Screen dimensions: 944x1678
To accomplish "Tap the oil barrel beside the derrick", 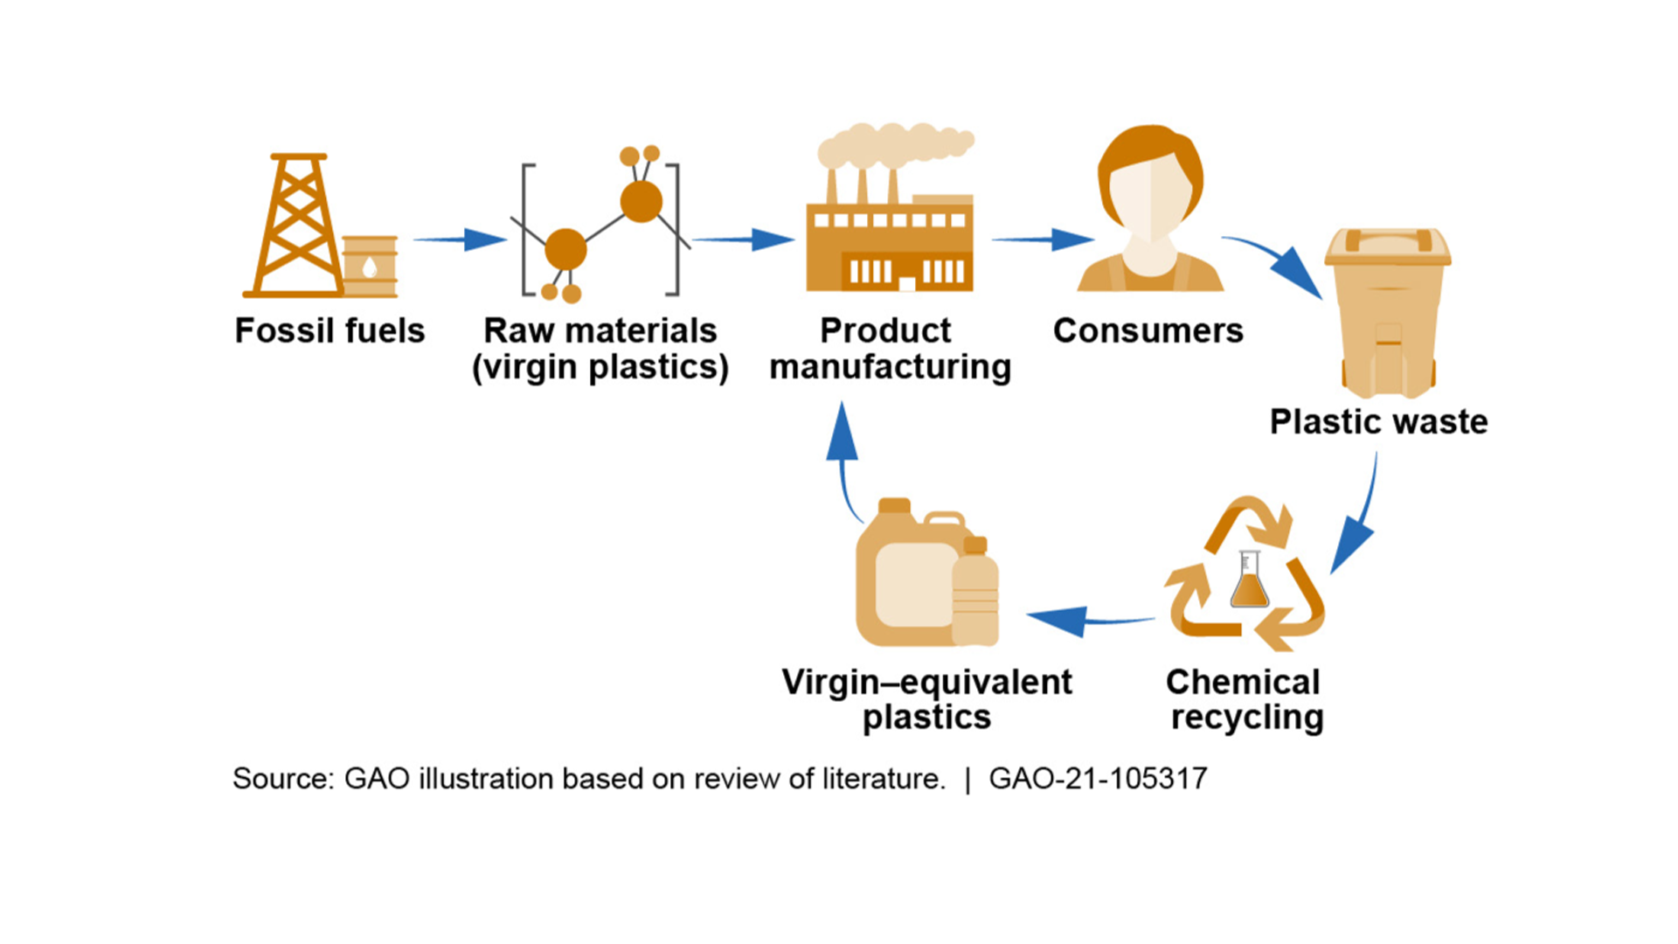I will tap(370, 266).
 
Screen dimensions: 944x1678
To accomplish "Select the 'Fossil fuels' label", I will tap(329, 330).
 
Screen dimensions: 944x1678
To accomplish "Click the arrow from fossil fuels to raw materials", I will tap(459, 239).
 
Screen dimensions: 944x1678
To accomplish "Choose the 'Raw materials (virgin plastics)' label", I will tap(600, 349).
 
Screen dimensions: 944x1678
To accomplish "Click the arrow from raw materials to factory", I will tap(743, 239).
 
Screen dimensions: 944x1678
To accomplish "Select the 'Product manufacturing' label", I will tap(890, 349).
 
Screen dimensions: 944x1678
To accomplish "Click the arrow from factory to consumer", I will tap(1042, 239).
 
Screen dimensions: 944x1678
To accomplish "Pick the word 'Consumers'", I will tap(1148, 330).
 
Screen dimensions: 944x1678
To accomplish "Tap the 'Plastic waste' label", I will tap(1378, 421).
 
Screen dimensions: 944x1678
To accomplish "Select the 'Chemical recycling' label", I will tap(1245, 699).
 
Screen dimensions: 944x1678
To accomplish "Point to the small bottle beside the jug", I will tap(974, 594).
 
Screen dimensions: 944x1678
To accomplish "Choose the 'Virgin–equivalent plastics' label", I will tap(926, 699).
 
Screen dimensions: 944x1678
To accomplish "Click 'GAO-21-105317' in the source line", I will tap(1098, 778).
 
